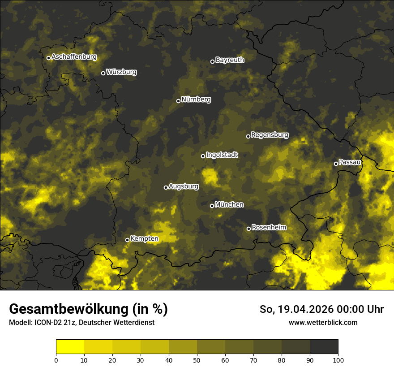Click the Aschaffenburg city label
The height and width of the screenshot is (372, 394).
[x=74, y=57]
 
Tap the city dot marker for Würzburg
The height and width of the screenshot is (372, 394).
[x=103, y=73]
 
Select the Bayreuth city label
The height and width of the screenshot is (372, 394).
[x=230, y=60]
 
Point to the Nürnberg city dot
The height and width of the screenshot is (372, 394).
[x=178, y=101]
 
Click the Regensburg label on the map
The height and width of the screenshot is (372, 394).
[x=270, y=134]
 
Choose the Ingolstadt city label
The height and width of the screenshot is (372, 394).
[x=222, y=155]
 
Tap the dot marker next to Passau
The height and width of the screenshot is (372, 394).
[x=336, y=164]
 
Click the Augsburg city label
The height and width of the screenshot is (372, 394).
[x=184, y=186]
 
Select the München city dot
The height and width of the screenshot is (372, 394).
[x=212, y=206]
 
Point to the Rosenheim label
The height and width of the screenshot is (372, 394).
[x=269, y=227]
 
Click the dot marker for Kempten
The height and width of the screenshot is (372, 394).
[x=127, y=240]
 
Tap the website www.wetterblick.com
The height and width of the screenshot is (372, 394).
[x=323, y=322]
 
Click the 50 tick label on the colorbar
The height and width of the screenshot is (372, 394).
[x=197, y=359]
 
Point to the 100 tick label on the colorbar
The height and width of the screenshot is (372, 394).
[x=338, y=359]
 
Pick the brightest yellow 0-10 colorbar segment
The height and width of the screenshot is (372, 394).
[x=70, y=347]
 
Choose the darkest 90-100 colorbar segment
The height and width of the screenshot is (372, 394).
[x=324, y=347]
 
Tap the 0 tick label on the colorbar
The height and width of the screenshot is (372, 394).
[x=56, y=359]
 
